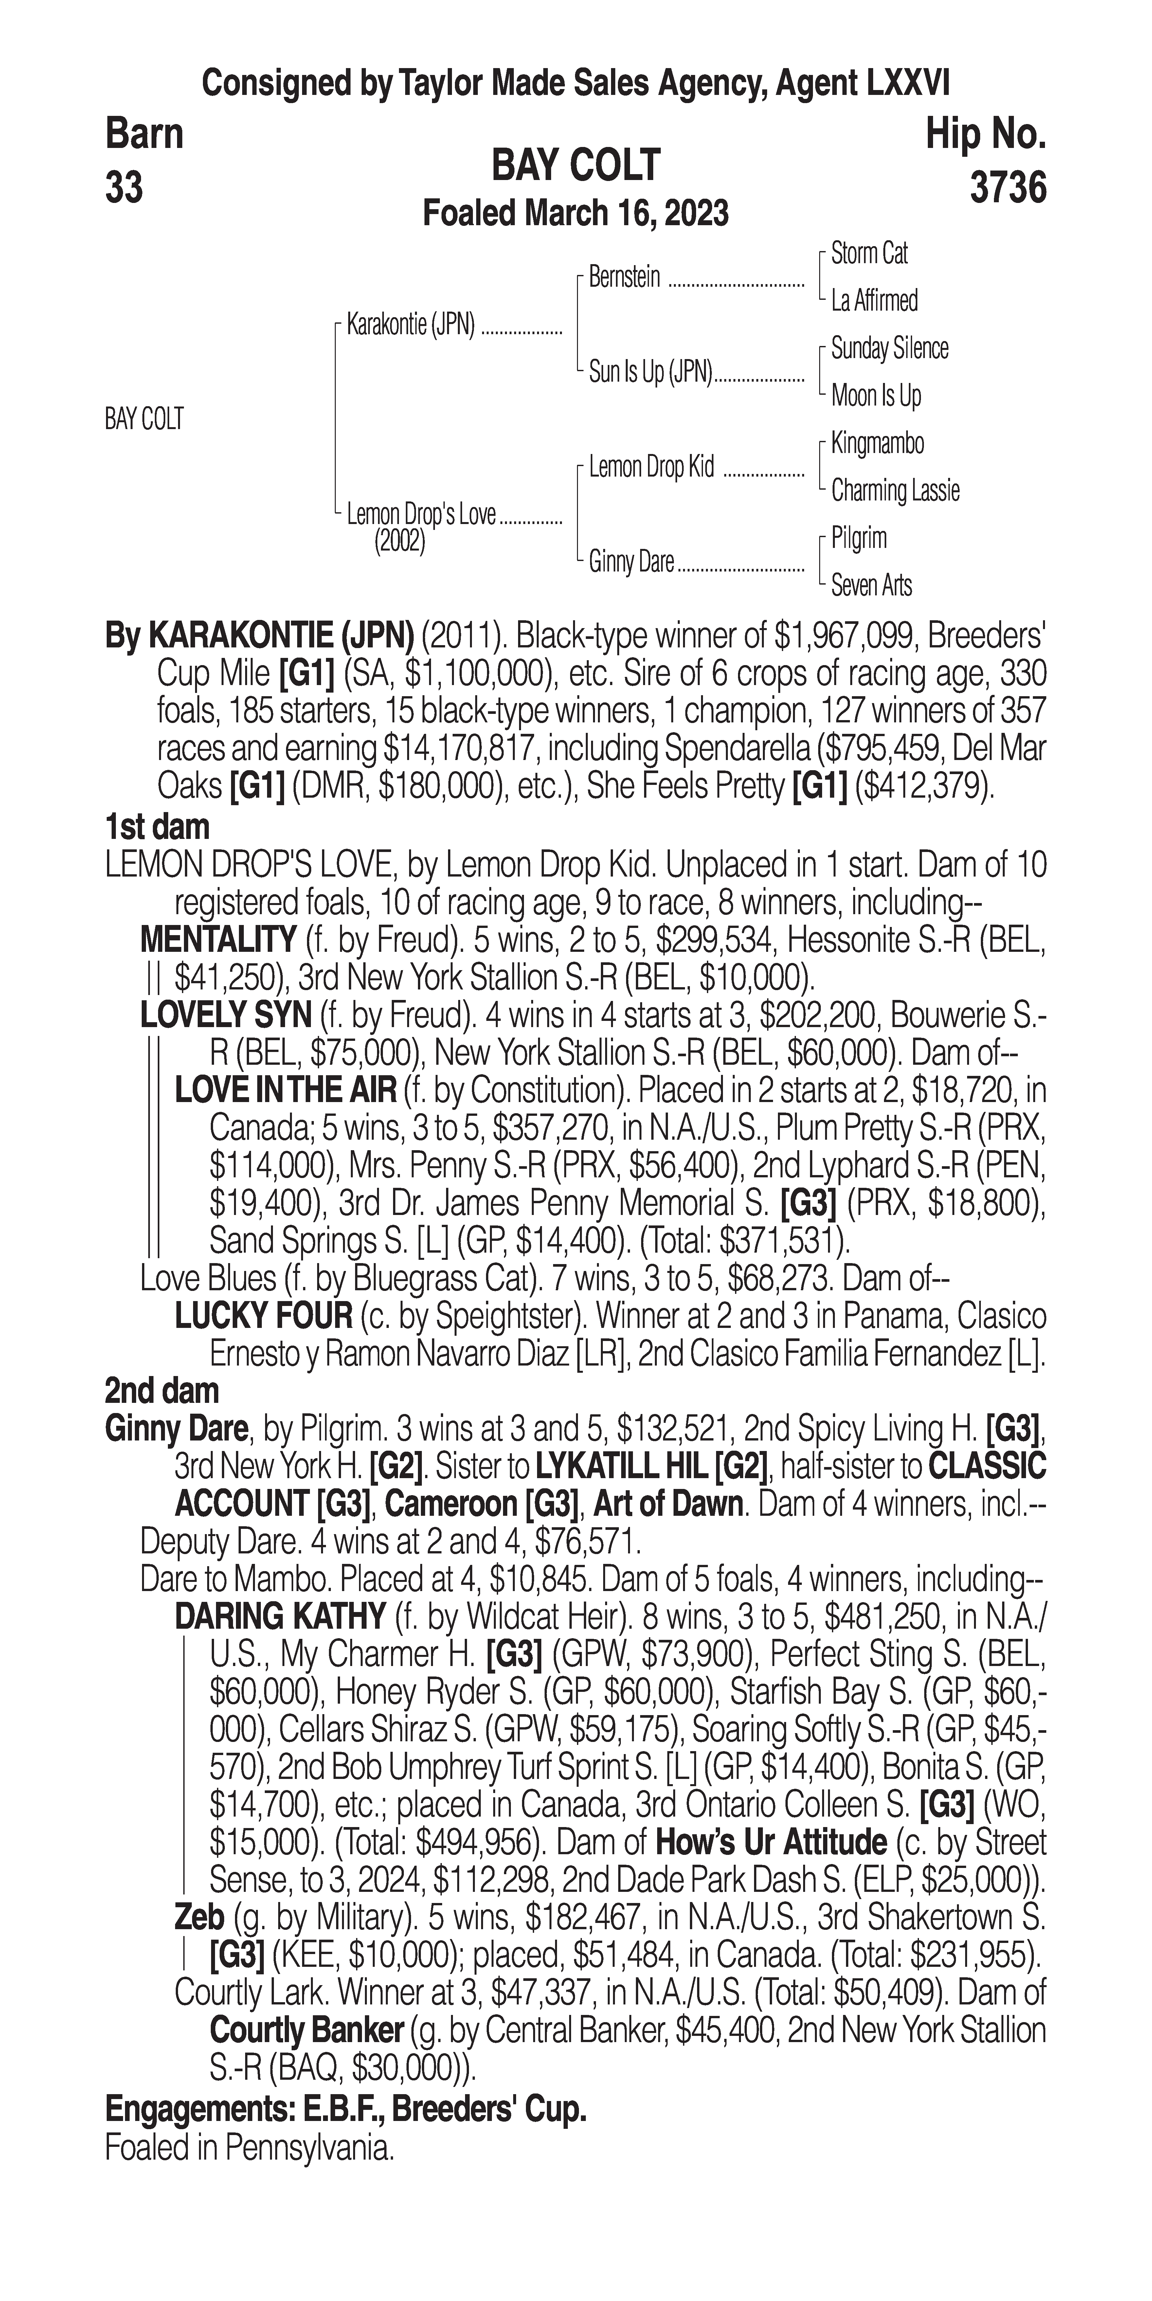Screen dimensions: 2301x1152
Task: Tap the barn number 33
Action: click(124, 189)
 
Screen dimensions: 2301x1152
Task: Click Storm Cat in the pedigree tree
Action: click(869, 254)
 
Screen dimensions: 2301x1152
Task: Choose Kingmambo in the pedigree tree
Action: click(877, 443)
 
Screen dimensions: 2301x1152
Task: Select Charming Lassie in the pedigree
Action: click(895, 490)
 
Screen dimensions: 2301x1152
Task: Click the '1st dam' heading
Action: click(157, 827)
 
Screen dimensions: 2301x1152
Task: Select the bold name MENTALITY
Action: click(218, 940)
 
